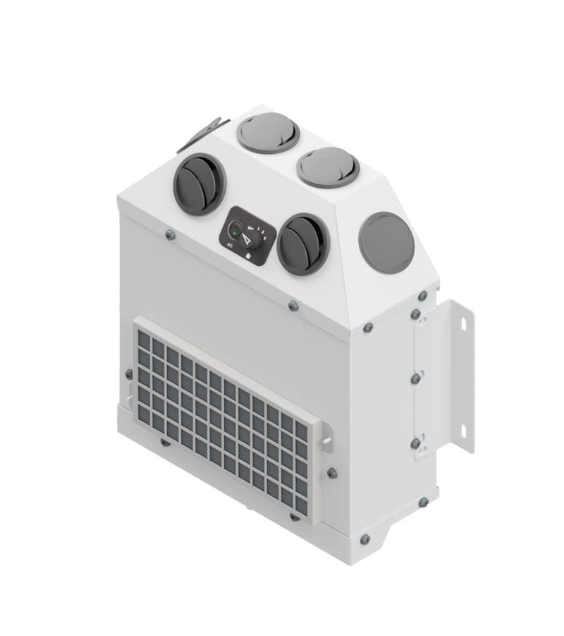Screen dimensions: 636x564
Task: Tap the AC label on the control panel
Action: (230, 244)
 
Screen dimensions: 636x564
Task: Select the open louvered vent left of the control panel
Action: (199, 184)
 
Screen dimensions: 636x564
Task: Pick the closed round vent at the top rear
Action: (268, 132)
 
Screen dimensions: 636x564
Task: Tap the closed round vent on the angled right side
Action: (386, 242)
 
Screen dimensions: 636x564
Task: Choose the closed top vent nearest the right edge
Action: (328, 167)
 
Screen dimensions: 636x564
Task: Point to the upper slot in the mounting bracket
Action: (464, 323)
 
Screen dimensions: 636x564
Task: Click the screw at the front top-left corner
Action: (170, 235)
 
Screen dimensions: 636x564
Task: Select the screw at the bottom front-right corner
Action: (364, 539)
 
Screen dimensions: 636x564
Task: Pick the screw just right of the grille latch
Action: (332, 473)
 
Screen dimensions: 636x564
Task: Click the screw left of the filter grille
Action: (128, 374)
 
